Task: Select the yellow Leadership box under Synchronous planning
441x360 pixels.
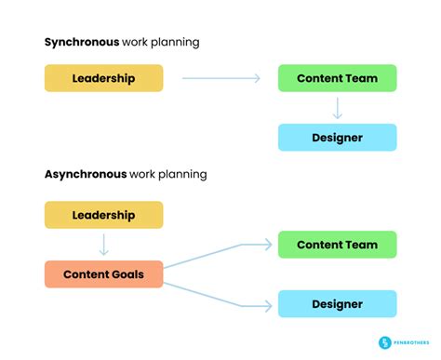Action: point(103,78)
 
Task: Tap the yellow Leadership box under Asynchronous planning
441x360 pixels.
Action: point(103,215)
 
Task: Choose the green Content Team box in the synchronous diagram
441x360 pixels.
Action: point(337,78)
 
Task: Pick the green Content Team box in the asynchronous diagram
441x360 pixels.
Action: point(337,245)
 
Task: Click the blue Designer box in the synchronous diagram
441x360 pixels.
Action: point(337,138)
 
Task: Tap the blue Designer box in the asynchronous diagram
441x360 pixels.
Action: point(337,304)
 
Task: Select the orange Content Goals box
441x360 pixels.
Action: point(103,274)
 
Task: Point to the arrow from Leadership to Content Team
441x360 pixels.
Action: point(220,78)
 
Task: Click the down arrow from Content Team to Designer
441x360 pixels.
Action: point(338,108)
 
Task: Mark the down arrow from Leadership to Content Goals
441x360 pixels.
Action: point(104,245)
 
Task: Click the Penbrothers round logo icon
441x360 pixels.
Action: point(384,343)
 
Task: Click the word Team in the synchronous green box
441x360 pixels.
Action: point(363,78)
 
